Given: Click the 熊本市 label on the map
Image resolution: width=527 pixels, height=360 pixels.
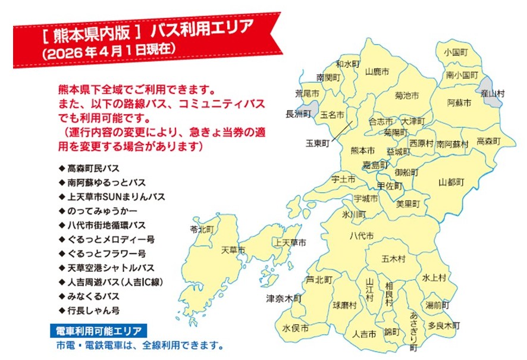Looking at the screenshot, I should coord(362,151).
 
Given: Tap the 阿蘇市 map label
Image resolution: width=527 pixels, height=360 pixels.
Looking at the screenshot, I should coord(459,103).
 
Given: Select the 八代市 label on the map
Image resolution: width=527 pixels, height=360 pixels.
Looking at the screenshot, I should coord(362,236).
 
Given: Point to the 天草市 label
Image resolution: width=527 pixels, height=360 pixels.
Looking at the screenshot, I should coord(233,250).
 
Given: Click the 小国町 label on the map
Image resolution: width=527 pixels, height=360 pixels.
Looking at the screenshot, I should coord(456,52).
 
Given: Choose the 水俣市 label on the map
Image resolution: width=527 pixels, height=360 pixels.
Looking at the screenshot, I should coord(295,328).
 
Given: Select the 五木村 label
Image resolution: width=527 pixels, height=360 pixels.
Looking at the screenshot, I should coord(394,259).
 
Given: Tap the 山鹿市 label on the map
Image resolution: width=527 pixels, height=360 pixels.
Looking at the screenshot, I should coord(377,71).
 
